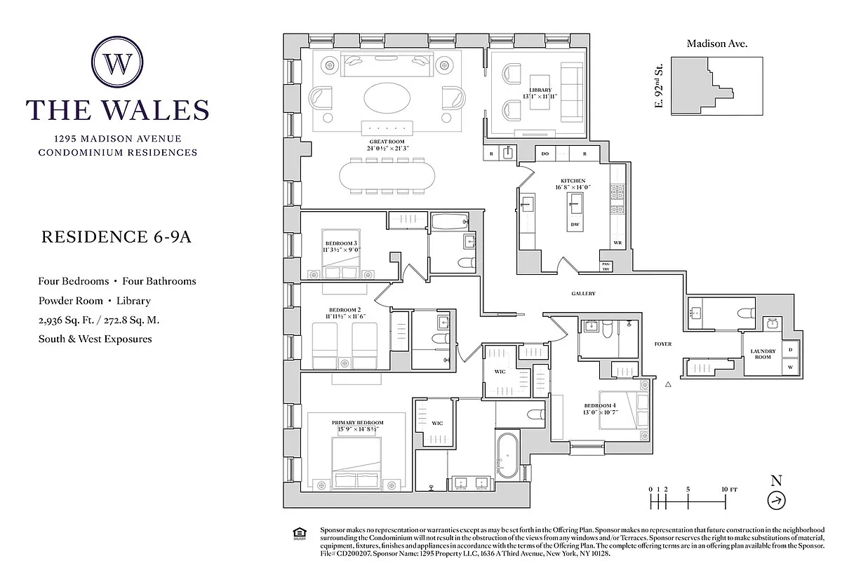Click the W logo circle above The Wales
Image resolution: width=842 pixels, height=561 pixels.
(x=117, y=64)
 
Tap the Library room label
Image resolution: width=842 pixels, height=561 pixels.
(x=540, y=90)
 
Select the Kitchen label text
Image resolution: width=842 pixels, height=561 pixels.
(x=572, y=181)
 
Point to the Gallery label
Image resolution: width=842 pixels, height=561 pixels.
(x=582, y=294)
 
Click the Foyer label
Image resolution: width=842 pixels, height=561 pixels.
(x=663, y=344)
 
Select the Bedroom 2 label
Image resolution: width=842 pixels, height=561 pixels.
(x=344, y=309)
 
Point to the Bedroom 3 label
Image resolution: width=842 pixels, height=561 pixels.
(x=340, y=243)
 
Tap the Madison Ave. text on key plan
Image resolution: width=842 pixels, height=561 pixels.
(x=716, y=43)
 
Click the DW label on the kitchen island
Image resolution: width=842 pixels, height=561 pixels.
(x=574, y=224)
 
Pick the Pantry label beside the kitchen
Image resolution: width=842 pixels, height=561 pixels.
(x=605, y=266)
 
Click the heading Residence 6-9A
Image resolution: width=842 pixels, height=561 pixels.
(x=116, y=236)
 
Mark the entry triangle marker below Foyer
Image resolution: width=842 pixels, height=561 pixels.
(x=668, y=384)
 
